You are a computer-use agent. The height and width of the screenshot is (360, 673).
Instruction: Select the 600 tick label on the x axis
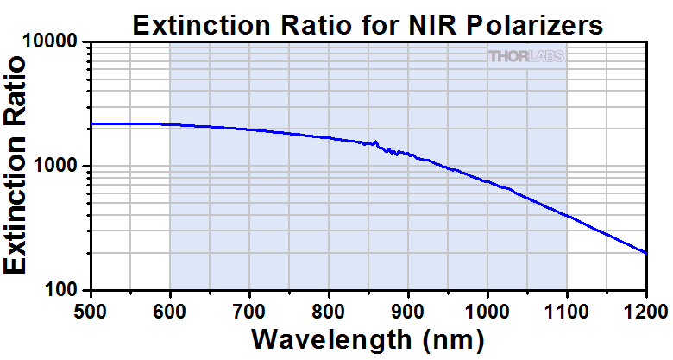(170, 308)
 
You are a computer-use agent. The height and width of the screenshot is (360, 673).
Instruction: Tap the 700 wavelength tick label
(249, 308)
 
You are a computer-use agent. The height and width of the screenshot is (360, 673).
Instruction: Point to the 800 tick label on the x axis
(329, 308)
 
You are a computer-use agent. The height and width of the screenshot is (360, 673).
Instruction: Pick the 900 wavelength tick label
(408, 308)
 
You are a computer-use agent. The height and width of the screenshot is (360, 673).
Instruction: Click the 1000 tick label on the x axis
(487, 308)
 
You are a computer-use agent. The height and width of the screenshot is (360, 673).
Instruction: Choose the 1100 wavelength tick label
(567, 308)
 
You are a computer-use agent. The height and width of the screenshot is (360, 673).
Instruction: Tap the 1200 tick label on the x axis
(645, 308)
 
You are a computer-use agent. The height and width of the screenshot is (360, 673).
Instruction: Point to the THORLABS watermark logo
(526, 57)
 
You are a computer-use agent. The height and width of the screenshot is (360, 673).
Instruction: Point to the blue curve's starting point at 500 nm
(91, 124)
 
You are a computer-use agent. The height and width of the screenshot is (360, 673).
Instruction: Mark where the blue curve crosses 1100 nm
(567, 216)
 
